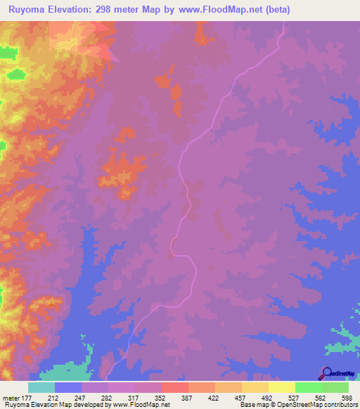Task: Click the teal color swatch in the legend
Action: tap(41, 387)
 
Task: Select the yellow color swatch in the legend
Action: tap(281, 387)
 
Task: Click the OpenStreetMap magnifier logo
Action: tap(326, 373)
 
